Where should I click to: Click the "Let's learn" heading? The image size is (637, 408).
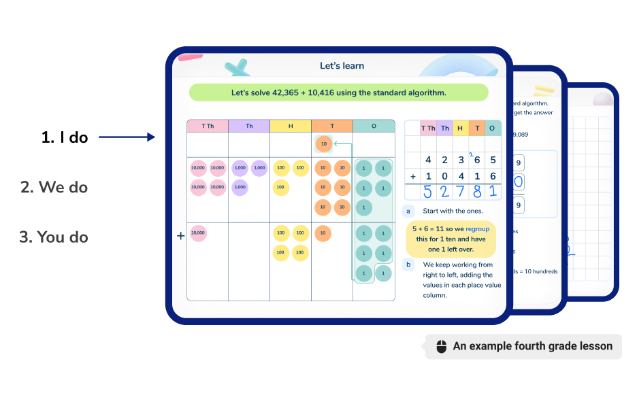[342, 66]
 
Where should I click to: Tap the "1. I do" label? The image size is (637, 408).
[65, 137]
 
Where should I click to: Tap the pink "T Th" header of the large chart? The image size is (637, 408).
[208, 126]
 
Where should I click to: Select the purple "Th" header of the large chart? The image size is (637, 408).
[249, 126]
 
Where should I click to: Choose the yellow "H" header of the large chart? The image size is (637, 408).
[291, 126]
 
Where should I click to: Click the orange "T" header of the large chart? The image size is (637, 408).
[332, 126]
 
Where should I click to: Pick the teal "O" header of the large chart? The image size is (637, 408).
[374, 126]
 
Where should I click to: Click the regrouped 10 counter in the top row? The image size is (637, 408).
[323, 144]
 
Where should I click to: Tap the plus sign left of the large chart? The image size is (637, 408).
[180, 236]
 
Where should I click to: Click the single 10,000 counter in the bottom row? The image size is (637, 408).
[198, 233]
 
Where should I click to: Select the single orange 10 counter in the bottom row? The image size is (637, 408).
[323, 233]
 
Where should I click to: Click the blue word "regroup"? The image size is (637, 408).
[478, 229]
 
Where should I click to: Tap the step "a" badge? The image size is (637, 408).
[408, 211]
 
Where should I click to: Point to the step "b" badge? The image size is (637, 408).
[408, 265]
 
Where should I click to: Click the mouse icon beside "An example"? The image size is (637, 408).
[440, 346]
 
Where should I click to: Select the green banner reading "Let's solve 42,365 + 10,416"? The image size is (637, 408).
[338, 92]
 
